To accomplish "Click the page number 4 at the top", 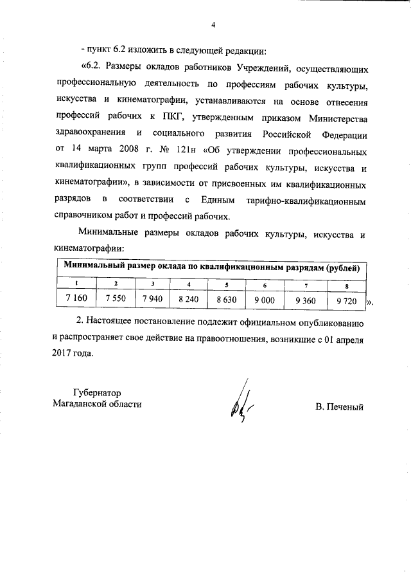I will [212, 25].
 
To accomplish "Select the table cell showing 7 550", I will [116, 299].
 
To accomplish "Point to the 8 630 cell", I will [227, 299].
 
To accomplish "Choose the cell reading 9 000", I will [265, 299].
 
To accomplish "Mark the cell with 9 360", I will [306, 299].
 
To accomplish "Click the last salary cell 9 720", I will [346, 299].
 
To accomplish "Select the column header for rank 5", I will [227, 284].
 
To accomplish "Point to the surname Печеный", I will [340, 406].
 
